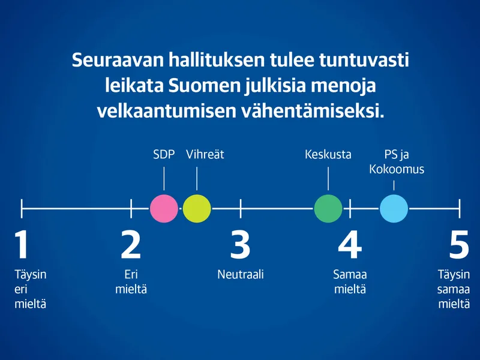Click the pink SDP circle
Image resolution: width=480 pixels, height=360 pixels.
164,208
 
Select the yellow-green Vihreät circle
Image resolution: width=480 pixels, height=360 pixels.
197,208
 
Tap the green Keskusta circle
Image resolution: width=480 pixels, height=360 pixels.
328,208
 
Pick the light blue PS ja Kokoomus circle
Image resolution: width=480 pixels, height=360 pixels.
394,208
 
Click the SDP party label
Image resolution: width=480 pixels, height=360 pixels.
164,155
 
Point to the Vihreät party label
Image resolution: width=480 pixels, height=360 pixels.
205,154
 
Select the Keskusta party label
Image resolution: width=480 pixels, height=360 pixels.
328,154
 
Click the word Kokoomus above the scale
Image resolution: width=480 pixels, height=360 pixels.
397,169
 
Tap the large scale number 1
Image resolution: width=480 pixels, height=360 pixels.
22,245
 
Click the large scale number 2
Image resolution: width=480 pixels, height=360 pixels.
131,245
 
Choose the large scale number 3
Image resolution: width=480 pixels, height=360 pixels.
241,245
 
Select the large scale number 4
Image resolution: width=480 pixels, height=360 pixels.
350,245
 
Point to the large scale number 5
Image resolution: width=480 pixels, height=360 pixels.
459,245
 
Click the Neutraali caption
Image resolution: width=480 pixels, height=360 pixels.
241,275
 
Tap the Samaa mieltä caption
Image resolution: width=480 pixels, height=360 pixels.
350,282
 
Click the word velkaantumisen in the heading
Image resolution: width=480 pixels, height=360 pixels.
167,111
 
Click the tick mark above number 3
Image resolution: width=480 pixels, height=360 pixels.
241,208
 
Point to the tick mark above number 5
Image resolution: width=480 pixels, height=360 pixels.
460,208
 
